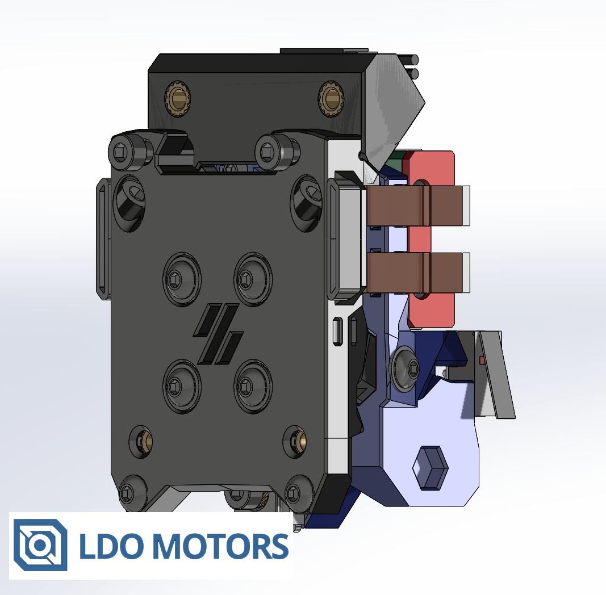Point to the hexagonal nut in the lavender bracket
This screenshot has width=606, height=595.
coord(429,467)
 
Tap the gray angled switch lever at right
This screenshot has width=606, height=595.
coord(495,375)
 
